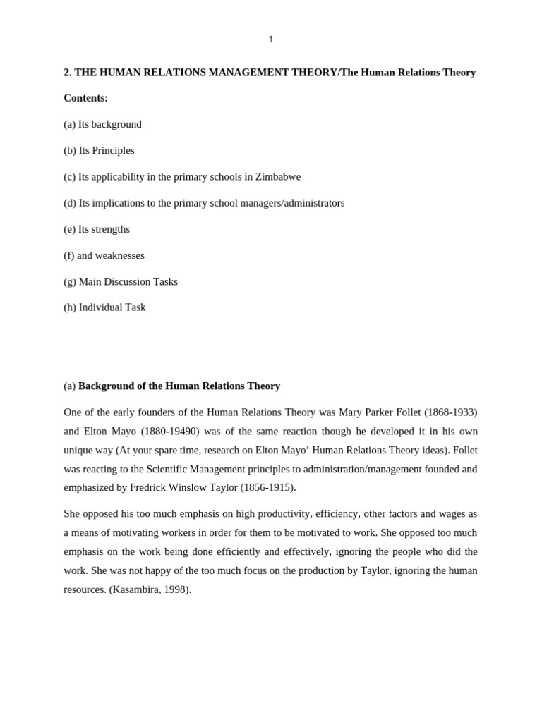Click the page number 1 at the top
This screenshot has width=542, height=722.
coord(271,39)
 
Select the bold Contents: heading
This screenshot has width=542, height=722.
coord(85,98)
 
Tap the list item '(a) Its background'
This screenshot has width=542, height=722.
coord(102,124)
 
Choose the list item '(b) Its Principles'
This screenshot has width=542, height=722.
coord(99,150)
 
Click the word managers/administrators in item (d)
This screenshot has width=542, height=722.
coord(291,203)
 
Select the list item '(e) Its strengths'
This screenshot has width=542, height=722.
coord(97,229)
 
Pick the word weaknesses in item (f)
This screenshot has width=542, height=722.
coord(120,255)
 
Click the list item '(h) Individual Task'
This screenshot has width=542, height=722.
coord(104,307)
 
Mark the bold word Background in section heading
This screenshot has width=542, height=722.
coord(107,386)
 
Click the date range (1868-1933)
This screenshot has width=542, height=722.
coord(450,412)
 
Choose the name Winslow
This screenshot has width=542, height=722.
coord(188,488)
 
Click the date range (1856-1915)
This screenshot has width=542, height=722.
coord(267,488)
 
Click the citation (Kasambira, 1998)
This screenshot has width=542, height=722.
coord(150,589)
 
